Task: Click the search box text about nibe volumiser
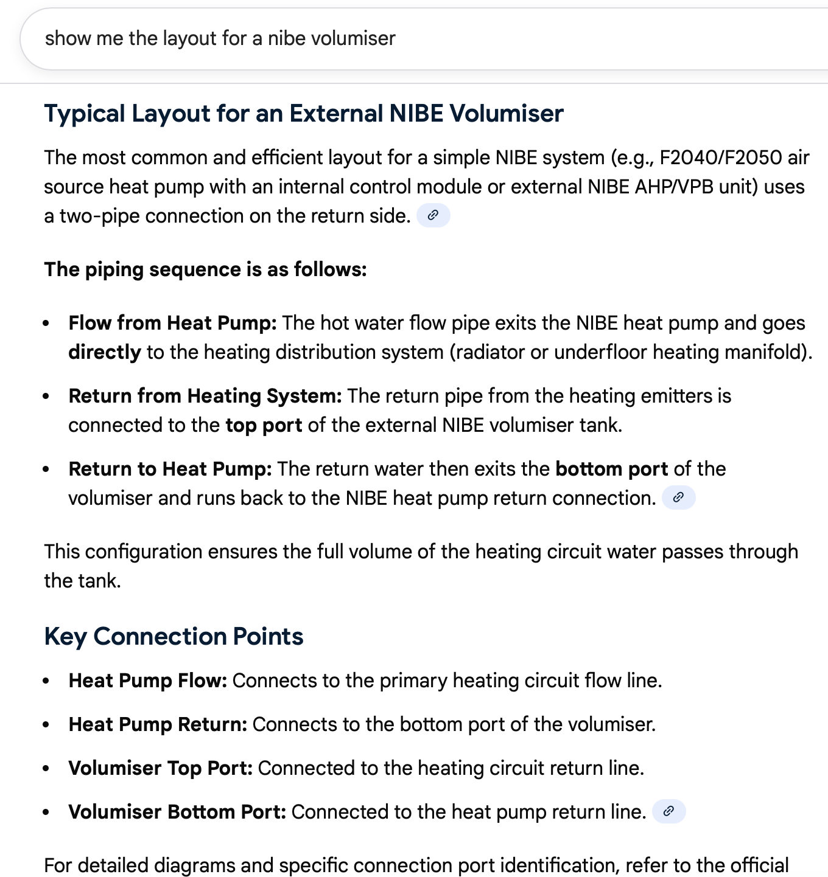coord(220,38)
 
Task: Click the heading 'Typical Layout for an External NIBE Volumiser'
coord(304,114)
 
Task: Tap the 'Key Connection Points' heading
coord(174,636)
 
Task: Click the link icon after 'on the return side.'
coord(433,215)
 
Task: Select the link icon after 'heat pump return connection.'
coord(678,497)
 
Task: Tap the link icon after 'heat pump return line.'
coord(668,811)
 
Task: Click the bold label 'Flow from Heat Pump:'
coord(172,323)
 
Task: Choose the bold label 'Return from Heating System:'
coord(205,396)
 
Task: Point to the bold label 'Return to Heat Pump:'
coord(170,469)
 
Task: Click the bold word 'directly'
coord(105,352)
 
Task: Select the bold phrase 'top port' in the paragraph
coord(264,425)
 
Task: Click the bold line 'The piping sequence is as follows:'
coord(205,269)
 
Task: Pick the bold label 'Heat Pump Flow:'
coord(147,681)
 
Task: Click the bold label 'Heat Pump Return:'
coord(158,724)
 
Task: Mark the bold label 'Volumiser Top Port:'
coord(160,768)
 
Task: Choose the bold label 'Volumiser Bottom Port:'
coord(177,812)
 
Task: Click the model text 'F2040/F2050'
coord(721,158)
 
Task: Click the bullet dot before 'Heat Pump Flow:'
coord(46,682)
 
